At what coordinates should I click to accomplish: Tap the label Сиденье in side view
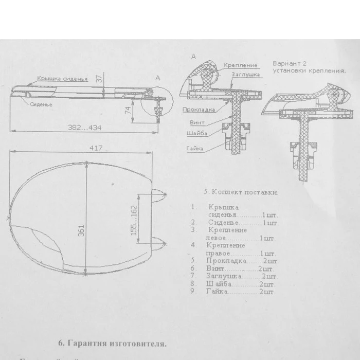40,105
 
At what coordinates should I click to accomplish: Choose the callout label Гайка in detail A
192,149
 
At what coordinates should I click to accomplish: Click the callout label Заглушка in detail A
246,75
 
